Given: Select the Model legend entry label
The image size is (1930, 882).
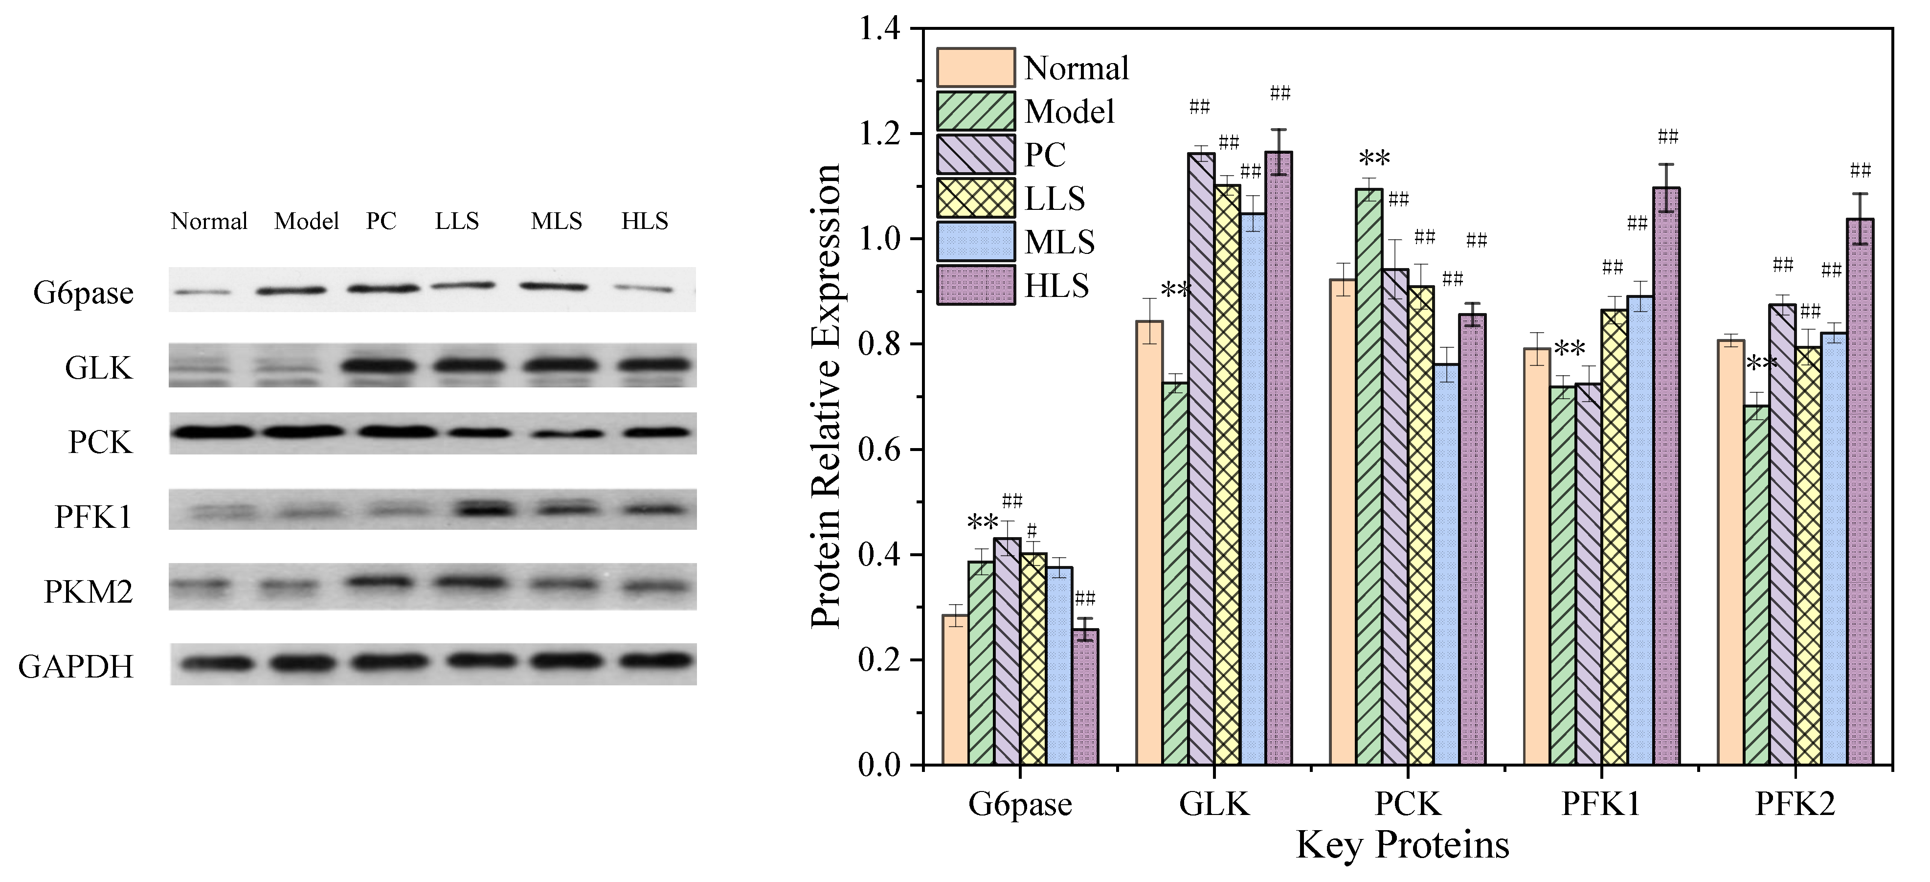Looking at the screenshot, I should (1069, 112).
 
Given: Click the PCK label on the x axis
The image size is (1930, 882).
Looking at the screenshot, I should (1407, 804).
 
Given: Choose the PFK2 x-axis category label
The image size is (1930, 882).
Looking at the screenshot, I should (1795, 804).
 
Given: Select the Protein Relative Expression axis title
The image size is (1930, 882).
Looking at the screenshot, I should (827, 397).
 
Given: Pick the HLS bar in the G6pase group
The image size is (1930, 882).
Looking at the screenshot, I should (1085, 697).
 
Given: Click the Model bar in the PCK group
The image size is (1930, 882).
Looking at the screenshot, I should (1369, 479).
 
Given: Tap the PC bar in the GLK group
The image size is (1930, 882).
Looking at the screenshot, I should (1201, 457).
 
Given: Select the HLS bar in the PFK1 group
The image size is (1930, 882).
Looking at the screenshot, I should (1666, 479).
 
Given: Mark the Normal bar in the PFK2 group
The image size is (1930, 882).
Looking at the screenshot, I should (1731, 555).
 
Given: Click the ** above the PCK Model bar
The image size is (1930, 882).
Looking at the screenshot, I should (1374, 159).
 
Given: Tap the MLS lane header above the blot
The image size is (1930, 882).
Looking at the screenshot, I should (556, 221).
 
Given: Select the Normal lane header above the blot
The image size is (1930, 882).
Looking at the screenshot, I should (209, 221).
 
